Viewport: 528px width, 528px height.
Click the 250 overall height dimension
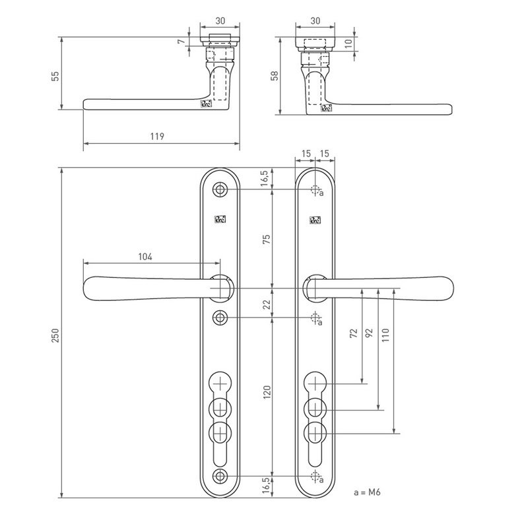pyautogui.click(x=56, y=335)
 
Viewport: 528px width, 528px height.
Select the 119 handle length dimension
pyautogui.click(x=156, y=137)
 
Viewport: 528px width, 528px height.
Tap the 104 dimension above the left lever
pyautogui.click(x=147, y=256)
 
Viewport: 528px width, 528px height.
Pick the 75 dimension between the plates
pyautogui.click(x=267, y=239)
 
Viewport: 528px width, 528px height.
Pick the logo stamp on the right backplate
pyautogui.click(x=314, y=220)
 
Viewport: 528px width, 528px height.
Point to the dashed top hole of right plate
pyautogui.click(x=314, y=190)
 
